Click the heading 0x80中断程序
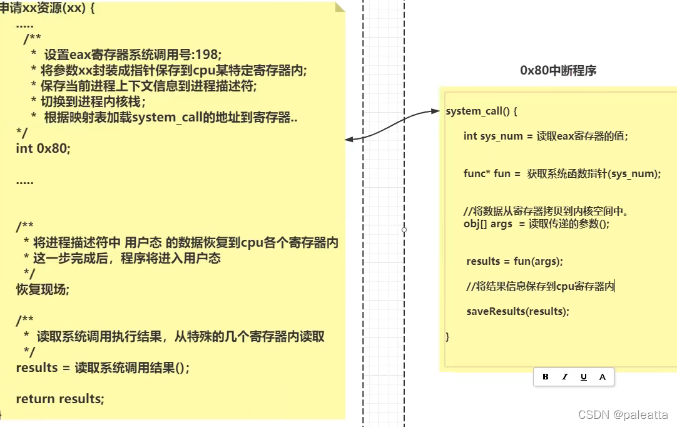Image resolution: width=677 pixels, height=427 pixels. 558,71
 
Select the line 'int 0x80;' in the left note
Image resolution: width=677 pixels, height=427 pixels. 44,148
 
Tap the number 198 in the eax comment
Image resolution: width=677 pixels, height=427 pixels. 208,54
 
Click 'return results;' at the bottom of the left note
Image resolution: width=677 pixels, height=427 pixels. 60,399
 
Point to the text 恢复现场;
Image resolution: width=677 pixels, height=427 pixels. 43,289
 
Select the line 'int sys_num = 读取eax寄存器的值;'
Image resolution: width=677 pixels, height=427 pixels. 545,136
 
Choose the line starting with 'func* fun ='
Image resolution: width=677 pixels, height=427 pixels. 562,173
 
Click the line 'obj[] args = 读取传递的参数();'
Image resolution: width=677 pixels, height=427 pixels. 536,224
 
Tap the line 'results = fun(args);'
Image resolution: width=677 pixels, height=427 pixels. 515,261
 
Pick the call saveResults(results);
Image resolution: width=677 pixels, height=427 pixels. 518,311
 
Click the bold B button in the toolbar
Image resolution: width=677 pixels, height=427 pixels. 546,377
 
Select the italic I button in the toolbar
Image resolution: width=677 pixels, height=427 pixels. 565,377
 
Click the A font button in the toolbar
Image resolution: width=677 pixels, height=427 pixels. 603,377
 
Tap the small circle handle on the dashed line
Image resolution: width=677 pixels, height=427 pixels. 404,230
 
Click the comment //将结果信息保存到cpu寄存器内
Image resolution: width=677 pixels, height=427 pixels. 541,286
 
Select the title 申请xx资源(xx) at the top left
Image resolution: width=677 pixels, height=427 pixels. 47,10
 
